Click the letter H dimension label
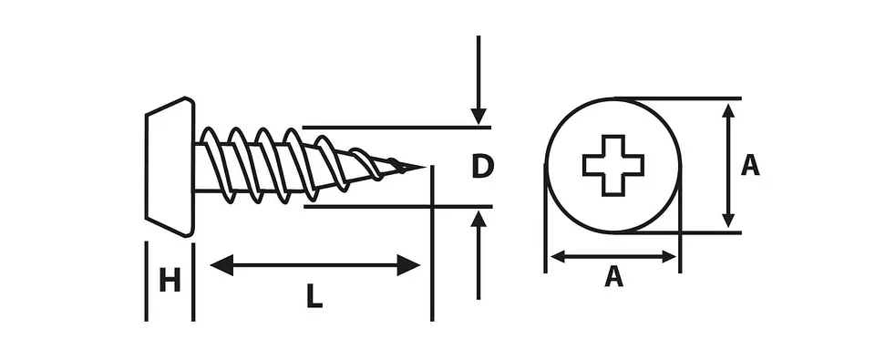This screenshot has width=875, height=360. (170, 280)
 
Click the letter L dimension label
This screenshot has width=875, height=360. (314, 296)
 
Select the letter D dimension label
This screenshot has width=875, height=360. (482, 167)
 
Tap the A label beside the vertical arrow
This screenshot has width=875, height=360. (750, 165)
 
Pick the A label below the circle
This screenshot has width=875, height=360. (613, 276)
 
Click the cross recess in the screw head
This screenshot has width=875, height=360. (613, 165)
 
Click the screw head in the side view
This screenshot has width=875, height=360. (170, 166)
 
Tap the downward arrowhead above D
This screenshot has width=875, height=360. (479, 116)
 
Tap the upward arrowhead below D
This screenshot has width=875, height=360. (479, 219)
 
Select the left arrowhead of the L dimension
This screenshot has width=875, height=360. (221, 264)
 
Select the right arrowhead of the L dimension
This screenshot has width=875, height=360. (408, 264)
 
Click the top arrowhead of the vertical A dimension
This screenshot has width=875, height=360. (727, 110)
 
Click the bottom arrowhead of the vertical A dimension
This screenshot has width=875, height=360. (727, 220)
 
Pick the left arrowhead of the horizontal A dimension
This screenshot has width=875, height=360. (558, 257)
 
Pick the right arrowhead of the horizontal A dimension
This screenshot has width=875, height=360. (669, 257)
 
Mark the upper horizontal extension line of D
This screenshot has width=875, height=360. (396, 128)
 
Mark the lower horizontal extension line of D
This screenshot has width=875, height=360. (398, 207)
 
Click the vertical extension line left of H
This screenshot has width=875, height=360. (146, 282)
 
